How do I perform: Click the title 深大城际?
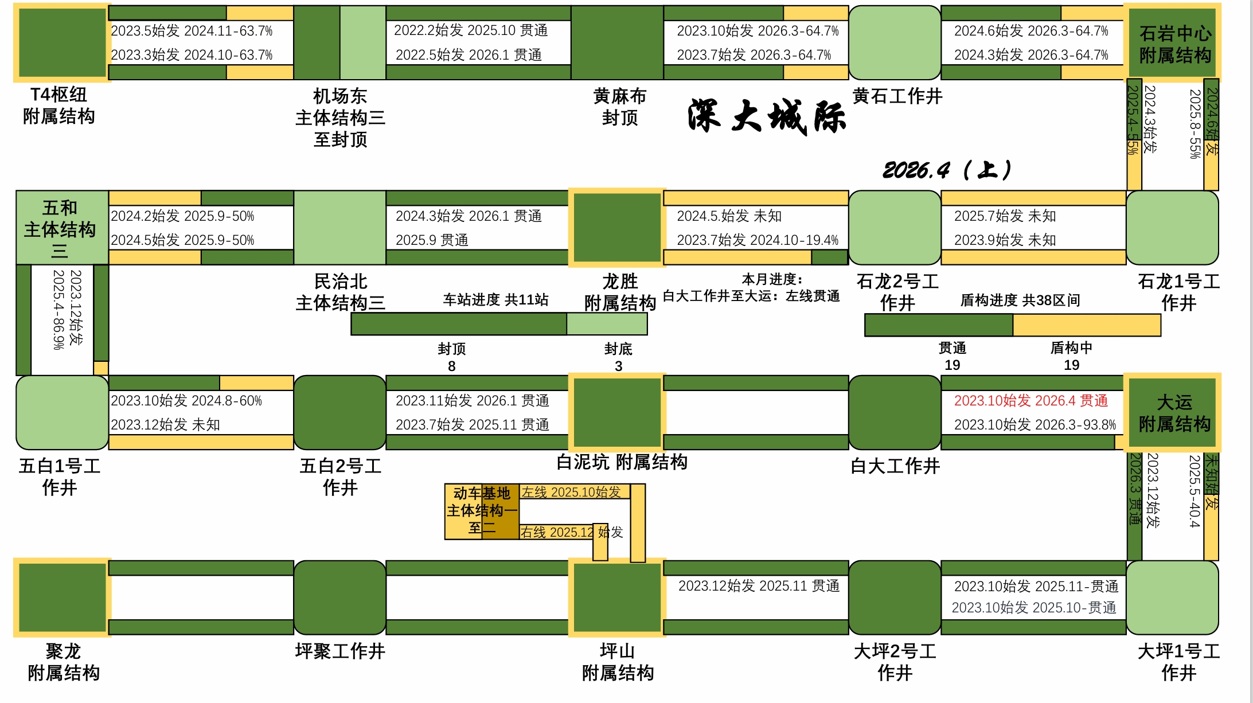pyautogui.click(x=766, y=117)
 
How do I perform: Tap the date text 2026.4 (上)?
pyautogui.click(x=947, y=170)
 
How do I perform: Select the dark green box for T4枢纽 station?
pyautogui.click(x=62, y=42)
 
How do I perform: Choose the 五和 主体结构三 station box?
pyautogui.click(x=61, y=228)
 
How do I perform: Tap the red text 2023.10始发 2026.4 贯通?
pyautogui.click(x=1030, y=401)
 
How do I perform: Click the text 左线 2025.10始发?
pyautogui.click(x=571, y=492)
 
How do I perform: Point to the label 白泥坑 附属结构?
pyautogui.click(x=622, y=462)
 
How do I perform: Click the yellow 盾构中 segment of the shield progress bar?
pyautogui.click(x=1086, y=325)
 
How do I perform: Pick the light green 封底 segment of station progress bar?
pyautogui.click(x=607, y=324)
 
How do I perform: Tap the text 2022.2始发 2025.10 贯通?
pyautogui.click(x=470, y=30)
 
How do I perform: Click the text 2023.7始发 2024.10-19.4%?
pyautogui.click(x=757, y=240)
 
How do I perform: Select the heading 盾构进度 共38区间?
pyautogui.click(x=1020, y=300)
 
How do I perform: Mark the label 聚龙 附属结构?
pyautogui.click(x=63, y=662)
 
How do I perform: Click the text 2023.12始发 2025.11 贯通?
pyautogui.click(x=758, y=586)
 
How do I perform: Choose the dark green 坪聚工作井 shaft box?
pyautogui.click(x=339, y=597)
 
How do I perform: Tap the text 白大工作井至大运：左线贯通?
pyautogui.click(x=751, y=296)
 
